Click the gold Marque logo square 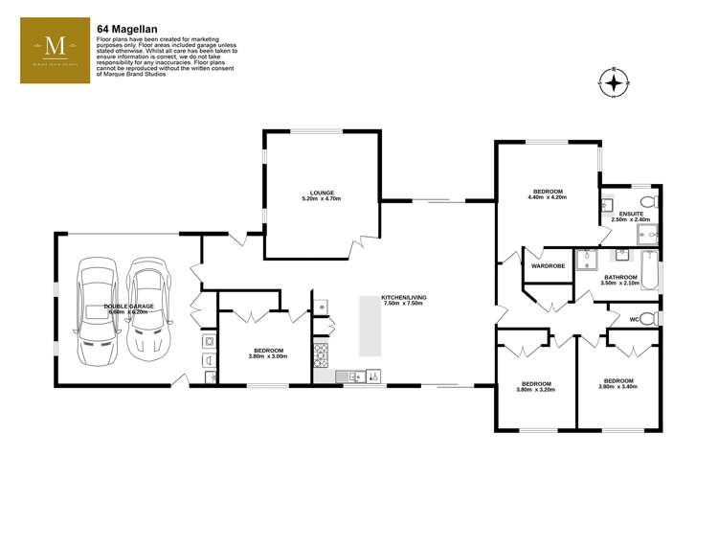[x=56, y=54]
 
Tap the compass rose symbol [x=613, y=83]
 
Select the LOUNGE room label [x=321, y=193]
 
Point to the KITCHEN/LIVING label [x=404, y=297]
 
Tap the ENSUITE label [x=631, y=214]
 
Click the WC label [x=633, y=318]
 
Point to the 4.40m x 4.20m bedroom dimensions [x=548, y=197]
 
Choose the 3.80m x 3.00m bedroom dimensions [x=268, y=356]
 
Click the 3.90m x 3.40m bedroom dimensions [x=617, y=387]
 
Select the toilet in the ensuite [x=648, y=202]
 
